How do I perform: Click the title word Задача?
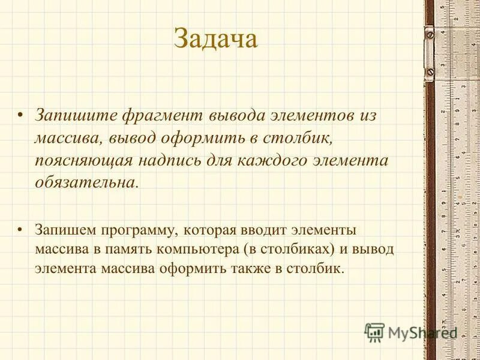(x=215, y=40)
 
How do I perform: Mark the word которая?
(x=214, y=230)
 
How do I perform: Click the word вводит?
(x=268, y=230)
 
